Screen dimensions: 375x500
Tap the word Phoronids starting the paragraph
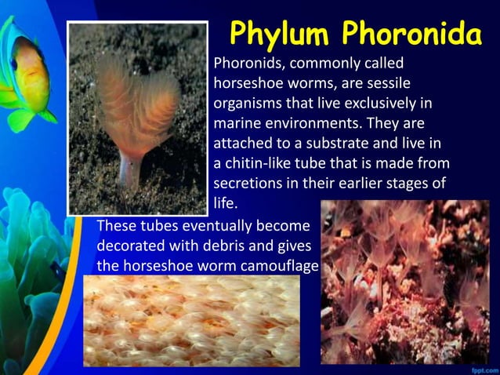pos(248,62)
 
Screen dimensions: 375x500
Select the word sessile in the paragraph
pos(386,82)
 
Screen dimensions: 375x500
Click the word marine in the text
pos(235,123)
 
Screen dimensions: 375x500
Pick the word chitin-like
pos(263,164)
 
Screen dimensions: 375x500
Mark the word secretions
pos(248,184)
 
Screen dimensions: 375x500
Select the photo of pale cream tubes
pos(191,321)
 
